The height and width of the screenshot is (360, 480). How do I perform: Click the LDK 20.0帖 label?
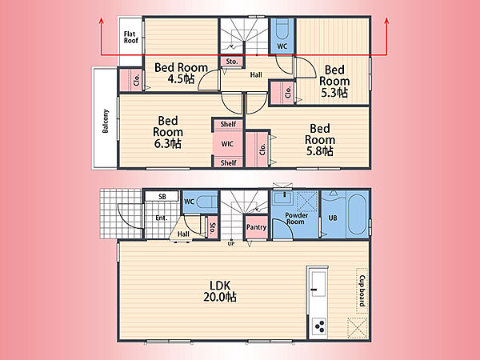pos(220,291)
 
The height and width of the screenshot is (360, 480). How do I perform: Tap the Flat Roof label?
pos(130,37)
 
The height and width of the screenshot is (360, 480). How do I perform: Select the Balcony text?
pos(106,122)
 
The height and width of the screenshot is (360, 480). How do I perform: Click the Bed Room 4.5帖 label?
pos(181,73)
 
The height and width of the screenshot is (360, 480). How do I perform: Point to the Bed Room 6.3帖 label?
pos(168,132)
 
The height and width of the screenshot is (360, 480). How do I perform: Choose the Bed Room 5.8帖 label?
pos(320,139)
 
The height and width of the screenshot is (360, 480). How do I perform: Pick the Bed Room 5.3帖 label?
pos(334,81)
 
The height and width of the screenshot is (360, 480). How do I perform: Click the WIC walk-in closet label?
pos(227,144)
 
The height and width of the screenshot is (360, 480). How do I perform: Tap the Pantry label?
pos(256,227)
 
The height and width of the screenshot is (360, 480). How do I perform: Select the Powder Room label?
pos(296,218)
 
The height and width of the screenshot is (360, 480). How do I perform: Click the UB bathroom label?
pos(333,218)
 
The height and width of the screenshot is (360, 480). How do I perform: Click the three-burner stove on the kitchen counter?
pos(318,326)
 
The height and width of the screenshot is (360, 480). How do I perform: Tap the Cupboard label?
pos(362,290)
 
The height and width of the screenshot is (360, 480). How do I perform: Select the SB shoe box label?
pos(162,197)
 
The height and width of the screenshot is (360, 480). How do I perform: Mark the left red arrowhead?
pos(102,21)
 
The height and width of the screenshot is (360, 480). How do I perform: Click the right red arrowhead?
pos(386,21)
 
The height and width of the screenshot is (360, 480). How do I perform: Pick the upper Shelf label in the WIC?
pos(228,124)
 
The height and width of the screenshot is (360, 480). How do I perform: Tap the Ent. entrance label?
pos(162,218)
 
